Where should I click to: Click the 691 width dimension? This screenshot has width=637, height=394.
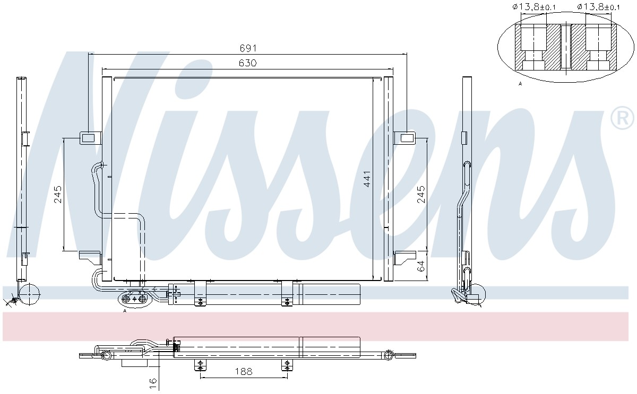[248, 48]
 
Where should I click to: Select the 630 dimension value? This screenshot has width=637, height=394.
[248, 63]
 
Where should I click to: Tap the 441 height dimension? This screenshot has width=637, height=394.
[367, 179]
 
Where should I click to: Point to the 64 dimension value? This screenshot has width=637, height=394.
[421, 266]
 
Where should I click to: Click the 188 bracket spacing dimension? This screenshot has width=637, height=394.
[244, 371]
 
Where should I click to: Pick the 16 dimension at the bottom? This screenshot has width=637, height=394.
[153, 384]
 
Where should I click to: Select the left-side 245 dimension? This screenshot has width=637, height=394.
[58, 194]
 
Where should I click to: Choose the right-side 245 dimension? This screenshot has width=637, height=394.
[421, 194]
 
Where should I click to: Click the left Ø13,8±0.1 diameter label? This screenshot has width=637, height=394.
[534, 6]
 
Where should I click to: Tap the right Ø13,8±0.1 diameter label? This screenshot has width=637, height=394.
[598, 6]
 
